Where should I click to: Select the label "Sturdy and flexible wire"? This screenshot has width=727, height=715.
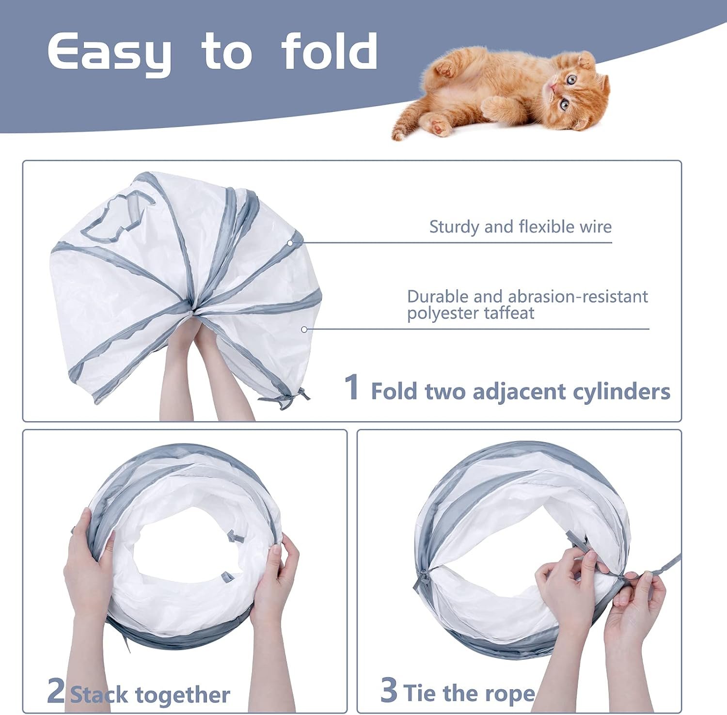point(521,226)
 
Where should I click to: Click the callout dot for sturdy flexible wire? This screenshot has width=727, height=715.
point(290,243)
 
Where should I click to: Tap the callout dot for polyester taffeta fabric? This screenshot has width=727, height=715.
point(304,329)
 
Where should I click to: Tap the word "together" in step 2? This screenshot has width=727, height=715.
point(183,696)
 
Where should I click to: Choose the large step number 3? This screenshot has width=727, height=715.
point(389,690)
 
